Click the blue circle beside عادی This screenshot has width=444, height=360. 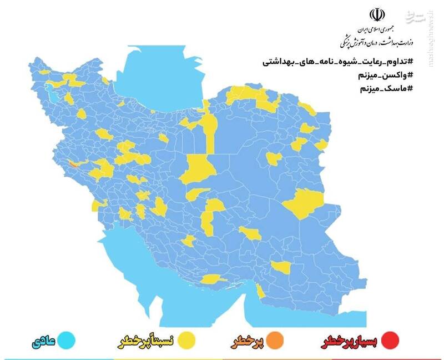(68, 339)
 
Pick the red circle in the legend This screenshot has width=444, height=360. (391, 339)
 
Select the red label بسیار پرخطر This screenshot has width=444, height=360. (351, 340)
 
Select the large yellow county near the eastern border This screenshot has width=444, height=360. (304, 203)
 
